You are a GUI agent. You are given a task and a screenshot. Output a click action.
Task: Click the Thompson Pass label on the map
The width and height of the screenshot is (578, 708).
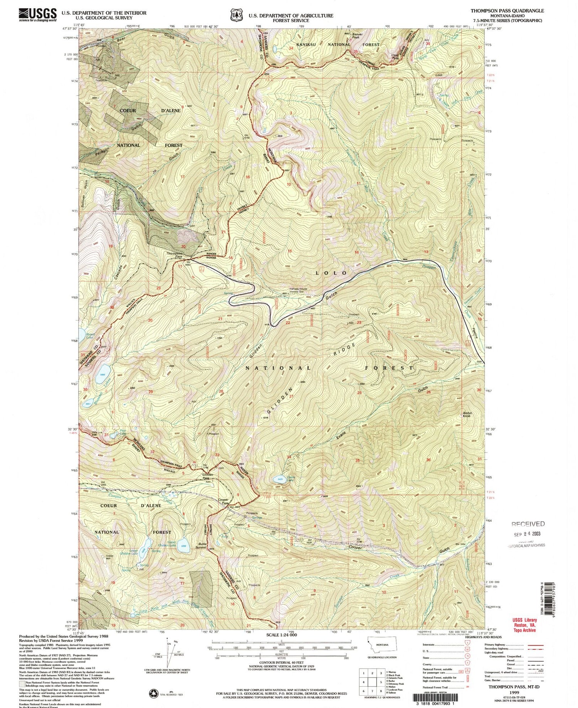[174, 255]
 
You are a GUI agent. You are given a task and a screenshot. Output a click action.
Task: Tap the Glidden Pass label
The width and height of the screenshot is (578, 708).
[208, 476]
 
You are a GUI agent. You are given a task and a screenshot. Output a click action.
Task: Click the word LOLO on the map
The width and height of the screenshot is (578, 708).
[331, 273]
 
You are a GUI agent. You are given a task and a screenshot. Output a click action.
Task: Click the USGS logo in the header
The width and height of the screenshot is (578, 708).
[38, 15]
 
